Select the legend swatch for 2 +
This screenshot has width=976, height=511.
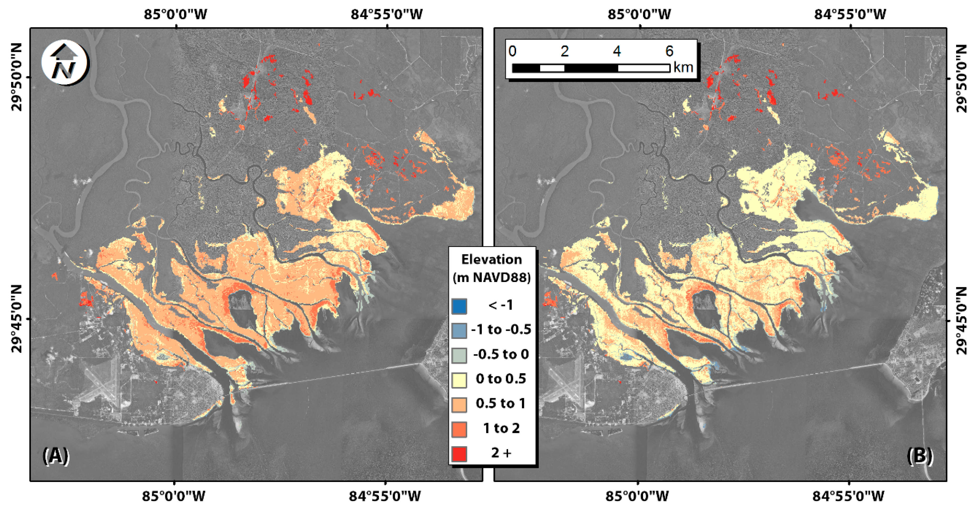[459, 453]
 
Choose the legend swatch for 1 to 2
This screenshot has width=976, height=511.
[459, 429]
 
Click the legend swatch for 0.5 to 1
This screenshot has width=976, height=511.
[459, 404]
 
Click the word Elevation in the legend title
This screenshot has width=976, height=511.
[491, 260]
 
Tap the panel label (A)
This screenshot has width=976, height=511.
[56, 456]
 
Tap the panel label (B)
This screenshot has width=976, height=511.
[920, 456]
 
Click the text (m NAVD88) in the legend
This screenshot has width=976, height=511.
[491, 278]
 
